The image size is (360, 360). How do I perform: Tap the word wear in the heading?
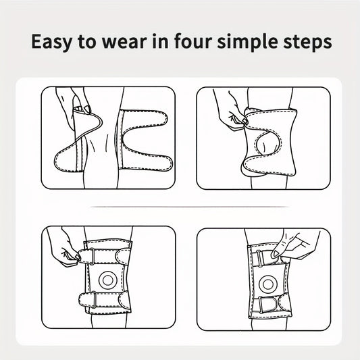pos(124,42)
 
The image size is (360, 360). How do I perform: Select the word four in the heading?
pos(193,41)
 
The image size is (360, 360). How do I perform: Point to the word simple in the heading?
pos(248,42)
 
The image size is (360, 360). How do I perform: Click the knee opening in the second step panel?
pos(267,143)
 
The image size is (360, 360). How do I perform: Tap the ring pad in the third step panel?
pos(108,280)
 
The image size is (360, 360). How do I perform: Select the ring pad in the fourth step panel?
pos(267,284)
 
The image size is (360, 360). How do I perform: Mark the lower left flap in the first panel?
pos(67,159)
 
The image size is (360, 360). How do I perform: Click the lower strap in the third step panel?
pos(105,300)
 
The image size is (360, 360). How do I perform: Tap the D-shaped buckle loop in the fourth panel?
pos(267,304)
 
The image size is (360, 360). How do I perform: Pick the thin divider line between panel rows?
pos(189,207)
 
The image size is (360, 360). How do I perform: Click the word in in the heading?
pos(160,41)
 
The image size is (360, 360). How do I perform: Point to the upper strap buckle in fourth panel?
pos(259,258)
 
